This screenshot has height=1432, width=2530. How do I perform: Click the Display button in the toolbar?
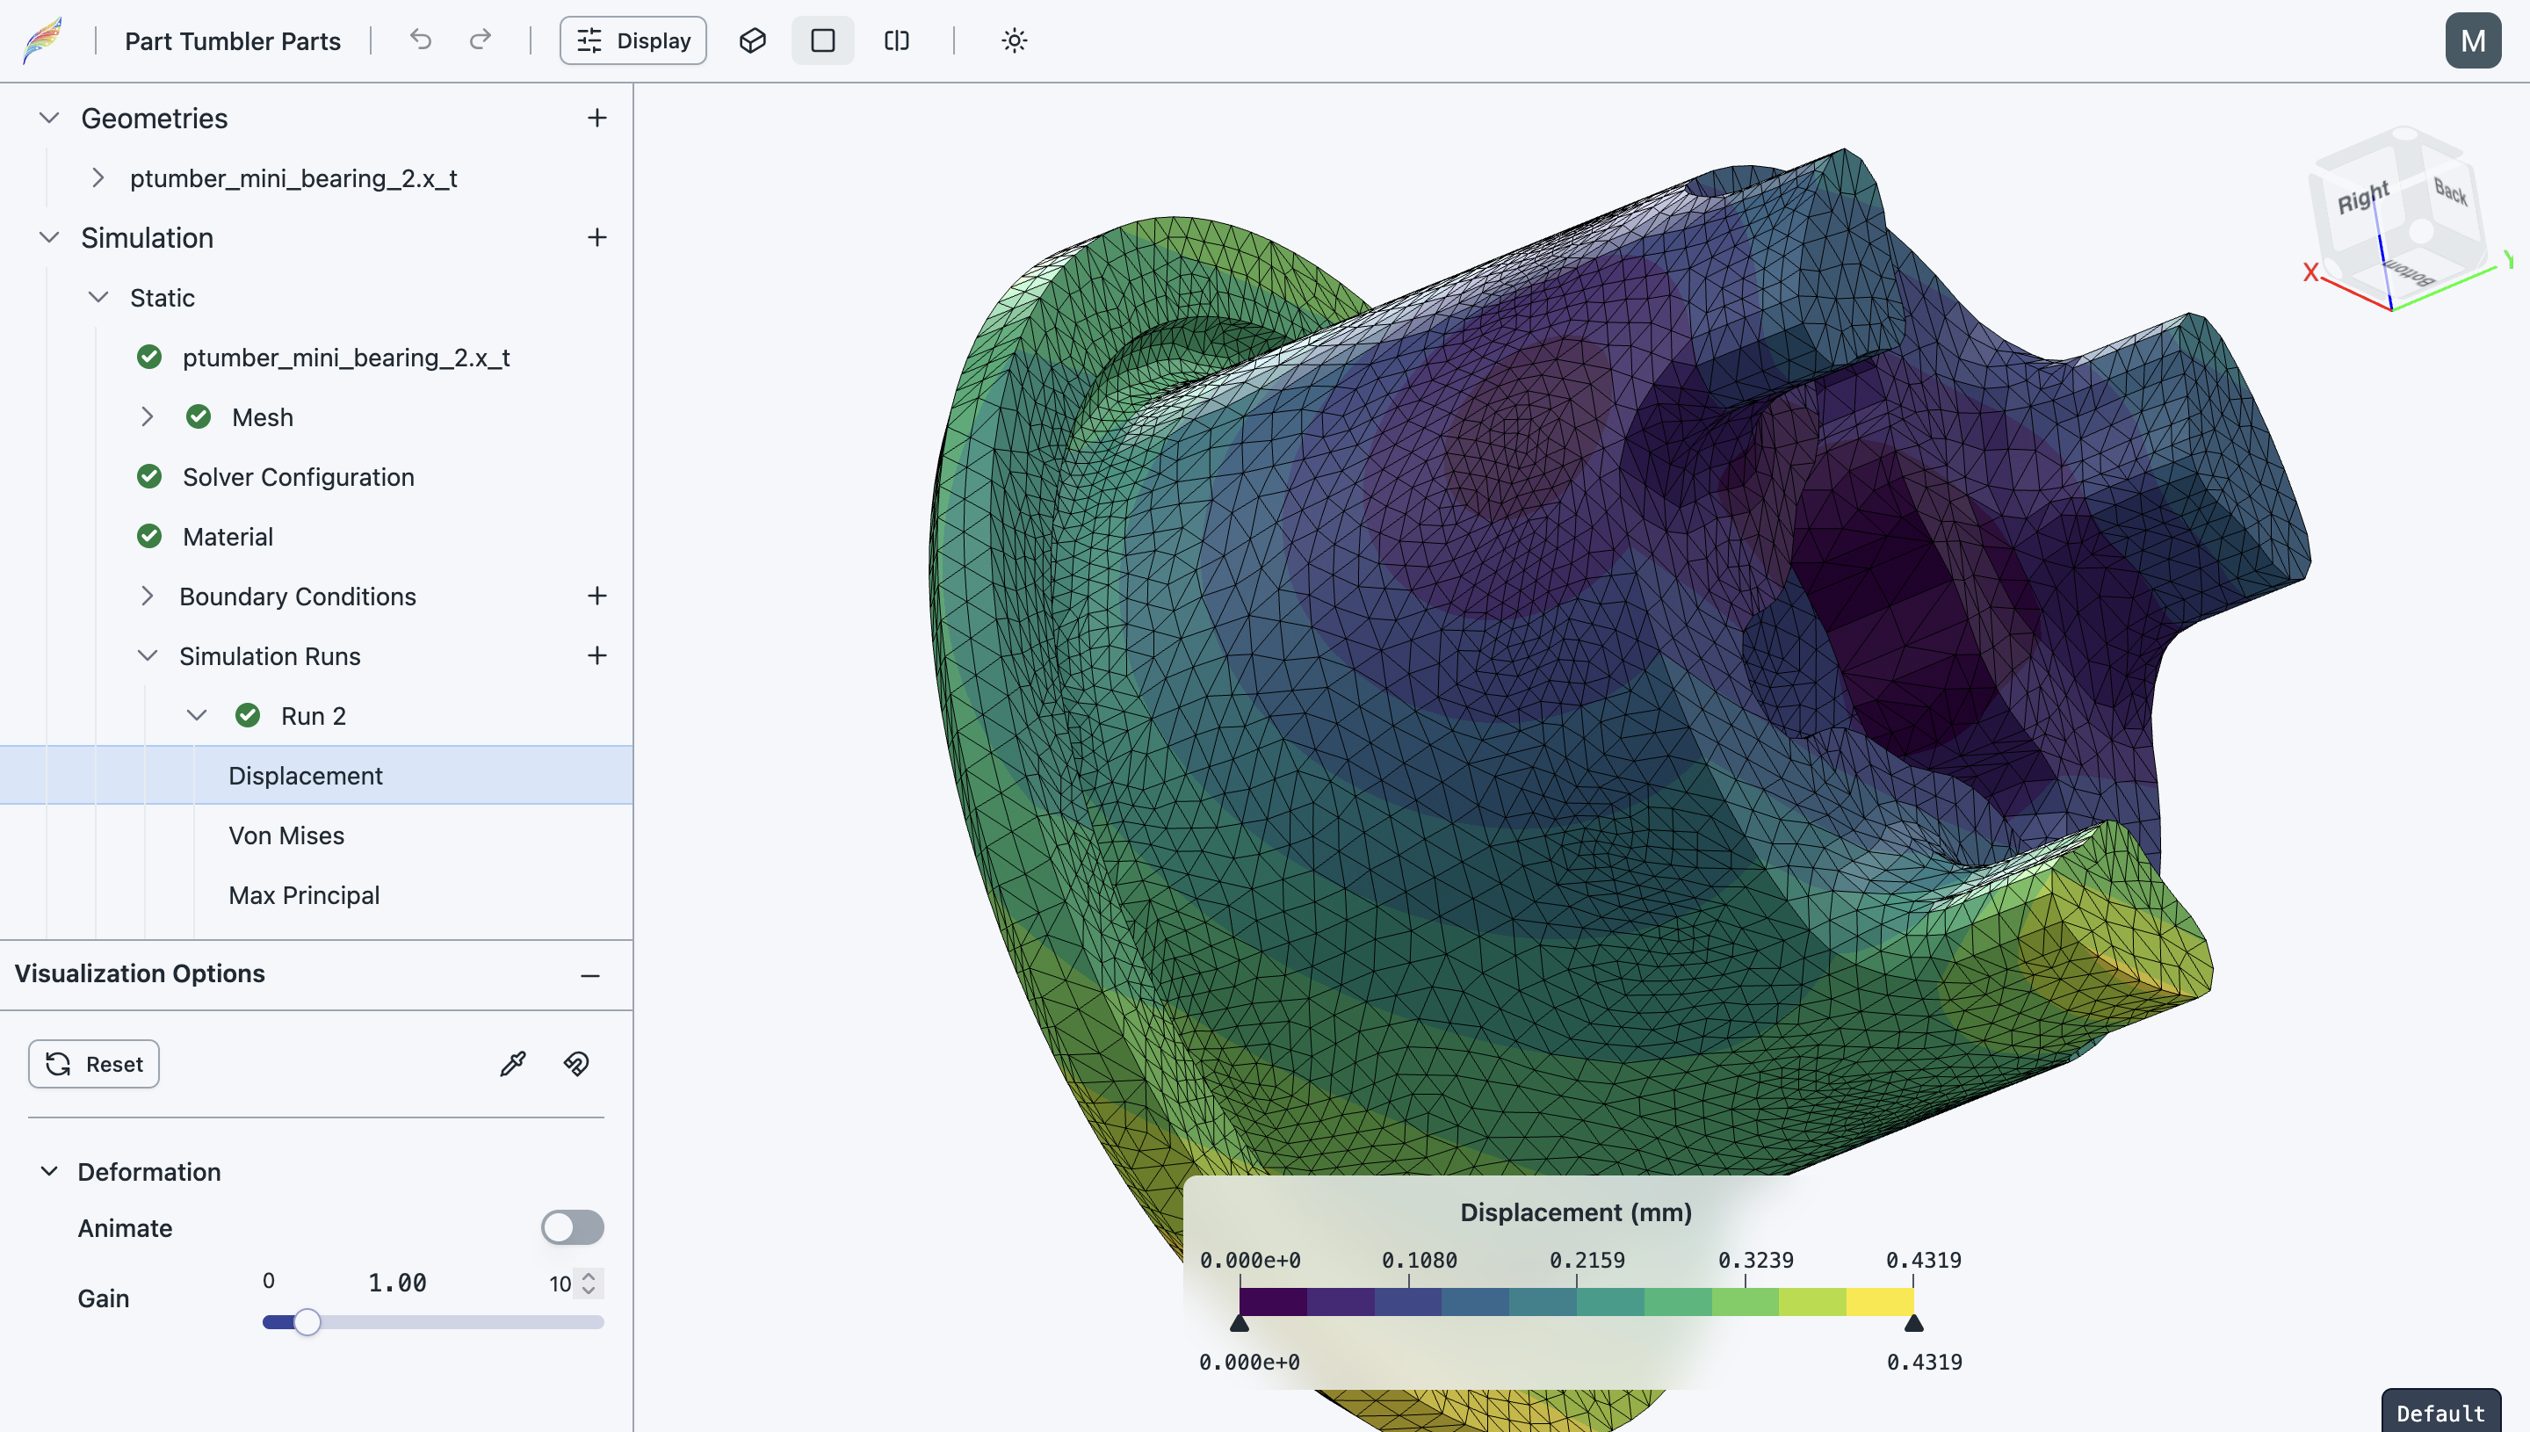632,40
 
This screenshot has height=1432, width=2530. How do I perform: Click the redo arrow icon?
480,40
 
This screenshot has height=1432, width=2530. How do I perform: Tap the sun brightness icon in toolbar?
1014,40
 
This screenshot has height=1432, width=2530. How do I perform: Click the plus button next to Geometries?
596,118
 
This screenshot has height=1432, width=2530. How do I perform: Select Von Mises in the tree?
286,835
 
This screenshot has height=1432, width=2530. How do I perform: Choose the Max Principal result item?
304,895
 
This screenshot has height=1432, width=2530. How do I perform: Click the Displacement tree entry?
305,775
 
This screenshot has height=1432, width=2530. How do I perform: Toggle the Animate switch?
572,1227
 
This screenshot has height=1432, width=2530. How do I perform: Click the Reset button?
94,1064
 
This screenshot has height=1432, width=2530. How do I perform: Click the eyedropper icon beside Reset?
512,1064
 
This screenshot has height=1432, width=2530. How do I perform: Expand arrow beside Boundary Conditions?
147,596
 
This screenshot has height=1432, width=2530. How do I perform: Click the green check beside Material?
149,536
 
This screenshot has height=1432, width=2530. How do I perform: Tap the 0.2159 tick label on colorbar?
1586,1260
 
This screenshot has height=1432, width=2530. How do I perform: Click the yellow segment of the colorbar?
1879,1301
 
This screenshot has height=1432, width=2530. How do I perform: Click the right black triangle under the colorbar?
1912,1324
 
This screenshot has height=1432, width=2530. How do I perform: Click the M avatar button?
2472,40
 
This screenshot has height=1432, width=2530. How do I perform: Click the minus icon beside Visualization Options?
590,974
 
